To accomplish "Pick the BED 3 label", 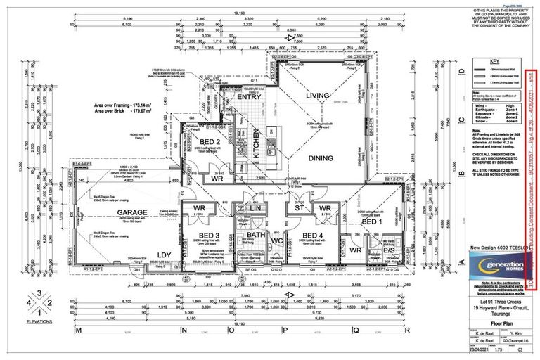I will pos(209,235).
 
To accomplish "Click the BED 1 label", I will pos(370,223).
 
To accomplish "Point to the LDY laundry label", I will pos(165,255).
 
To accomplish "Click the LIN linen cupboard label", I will pos(255,210).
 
